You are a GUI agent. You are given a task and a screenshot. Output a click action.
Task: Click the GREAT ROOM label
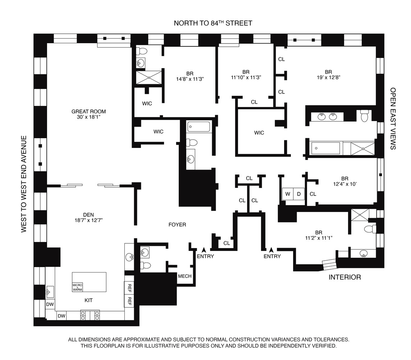(88, 112)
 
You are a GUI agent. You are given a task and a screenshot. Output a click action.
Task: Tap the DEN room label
(88, 215)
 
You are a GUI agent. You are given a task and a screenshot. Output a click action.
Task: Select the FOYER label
(177, 225)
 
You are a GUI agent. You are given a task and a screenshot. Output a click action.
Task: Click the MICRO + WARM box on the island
(77, 287)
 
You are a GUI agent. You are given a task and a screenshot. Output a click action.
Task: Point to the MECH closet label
(185, 276)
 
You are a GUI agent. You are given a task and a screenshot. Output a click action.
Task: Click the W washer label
(288, 194)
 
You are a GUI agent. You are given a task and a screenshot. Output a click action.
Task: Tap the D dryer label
(299, 194)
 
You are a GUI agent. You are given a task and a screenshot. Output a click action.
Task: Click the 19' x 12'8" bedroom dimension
(328, 77)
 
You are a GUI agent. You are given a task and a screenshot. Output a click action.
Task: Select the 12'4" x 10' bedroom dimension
(345, 184)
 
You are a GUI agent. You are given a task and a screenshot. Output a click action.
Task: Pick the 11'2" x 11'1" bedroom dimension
(319, 238)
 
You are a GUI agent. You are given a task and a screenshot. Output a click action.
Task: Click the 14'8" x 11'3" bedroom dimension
(190, 79)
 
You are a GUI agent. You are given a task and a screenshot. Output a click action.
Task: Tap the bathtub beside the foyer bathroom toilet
(199, 127)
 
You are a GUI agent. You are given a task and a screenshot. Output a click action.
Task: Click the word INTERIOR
(345, 277)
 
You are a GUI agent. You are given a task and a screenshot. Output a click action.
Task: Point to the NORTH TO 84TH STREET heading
(213, 23)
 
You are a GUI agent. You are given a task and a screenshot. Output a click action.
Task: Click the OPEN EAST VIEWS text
(393, 118)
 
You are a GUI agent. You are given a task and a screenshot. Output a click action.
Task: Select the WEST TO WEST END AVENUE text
(24, 184)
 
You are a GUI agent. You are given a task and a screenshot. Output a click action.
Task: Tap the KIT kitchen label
(88, 301)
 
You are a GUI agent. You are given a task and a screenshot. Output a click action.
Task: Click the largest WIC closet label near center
(259, 133)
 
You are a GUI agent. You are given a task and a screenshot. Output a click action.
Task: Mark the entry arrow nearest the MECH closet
(204, 249)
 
